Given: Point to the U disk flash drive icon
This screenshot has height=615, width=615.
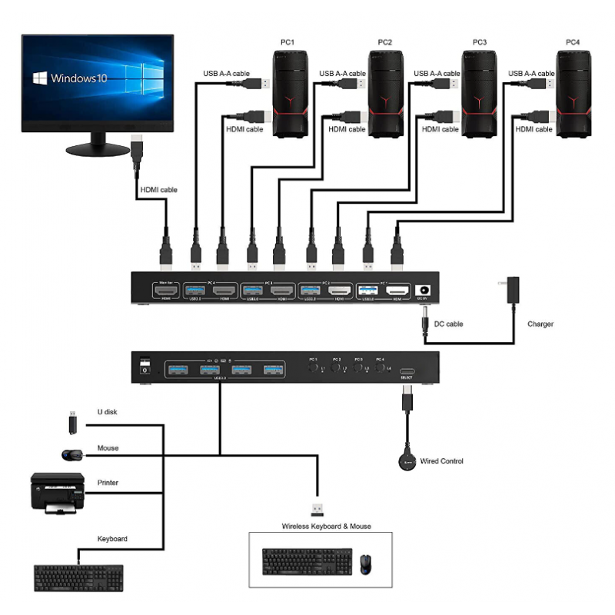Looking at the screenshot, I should coord(71,422).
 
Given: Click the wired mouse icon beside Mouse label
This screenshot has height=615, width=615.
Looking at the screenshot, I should coord(73,455).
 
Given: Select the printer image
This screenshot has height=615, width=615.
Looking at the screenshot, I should coord(57,492).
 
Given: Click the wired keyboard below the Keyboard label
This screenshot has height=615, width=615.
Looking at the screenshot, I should coord(78,577).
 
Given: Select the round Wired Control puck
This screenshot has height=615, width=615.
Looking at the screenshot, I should coord(404,461).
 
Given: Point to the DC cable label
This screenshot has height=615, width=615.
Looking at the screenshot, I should coord(448,324).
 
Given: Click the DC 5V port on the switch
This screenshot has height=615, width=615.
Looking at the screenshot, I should coord(421,291).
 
